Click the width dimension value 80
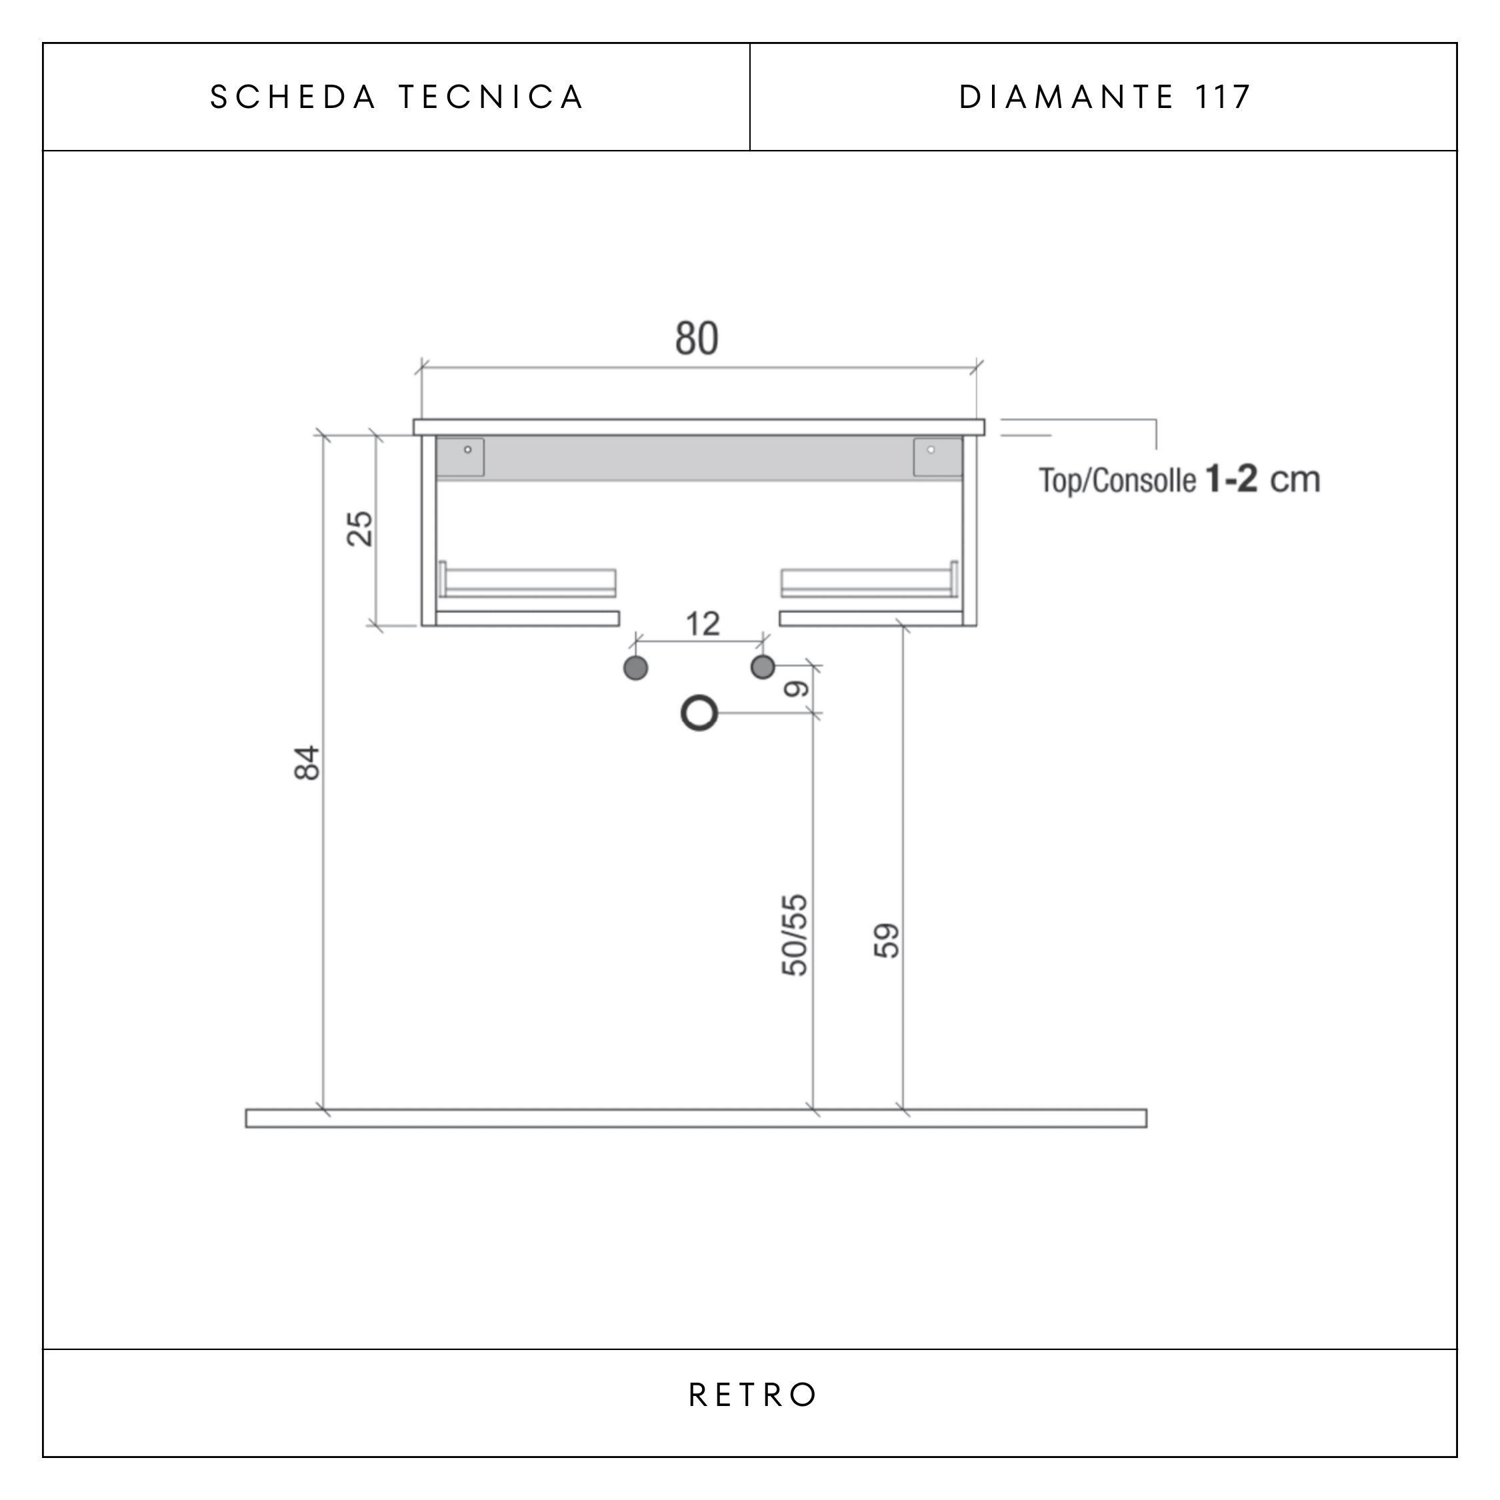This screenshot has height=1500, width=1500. tap(697, 339)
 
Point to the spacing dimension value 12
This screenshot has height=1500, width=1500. tap(703, 623)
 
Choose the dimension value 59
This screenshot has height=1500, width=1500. tap(887, 940)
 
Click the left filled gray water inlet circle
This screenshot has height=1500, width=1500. tap(636, 668)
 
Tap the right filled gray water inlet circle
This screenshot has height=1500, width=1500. tap(763, 666)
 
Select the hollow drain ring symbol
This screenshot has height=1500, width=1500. tap(699, 698)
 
